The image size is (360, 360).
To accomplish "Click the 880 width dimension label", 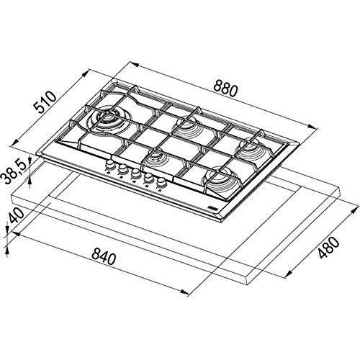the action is [225, 89].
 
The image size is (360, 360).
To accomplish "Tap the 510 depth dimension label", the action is [45, 102].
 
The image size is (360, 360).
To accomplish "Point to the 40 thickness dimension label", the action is [17, 216].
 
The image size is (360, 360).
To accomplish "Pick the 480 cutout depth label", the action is [328, 248].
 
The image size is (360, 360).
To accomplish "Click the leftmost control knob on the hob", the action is [110, 165].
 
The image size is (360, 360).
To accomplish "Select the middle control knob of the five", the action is [135, 174].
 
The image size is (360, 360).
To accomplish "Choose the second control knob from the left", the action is [122, 169].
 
